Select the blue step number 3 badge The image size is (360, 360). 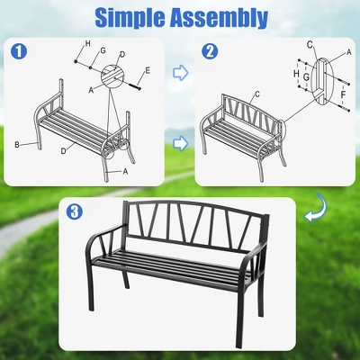tap(77, 212)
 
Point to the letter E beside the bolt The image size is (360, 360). tap(147, 70)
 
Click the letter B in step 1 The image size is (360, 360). tap(17, 143)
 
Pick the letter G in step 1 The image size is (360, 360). tap(103, 52)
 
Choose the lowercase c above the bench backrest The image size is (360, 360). tap(256, 94)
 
